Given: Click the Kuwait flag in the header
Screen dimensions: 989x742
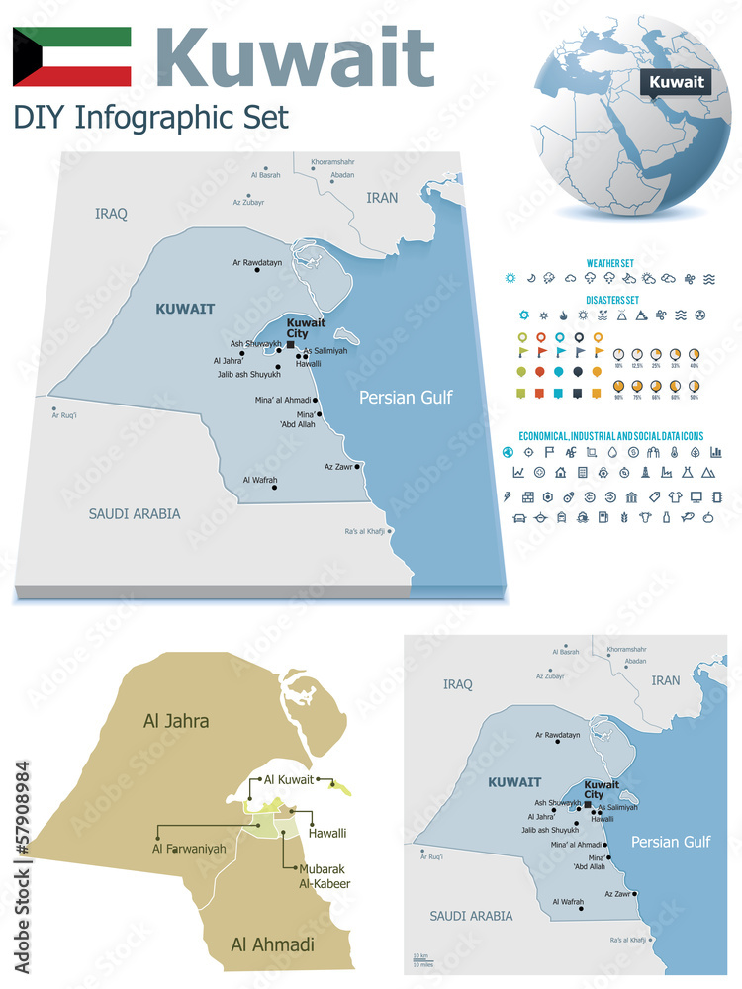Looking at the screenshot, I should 71,56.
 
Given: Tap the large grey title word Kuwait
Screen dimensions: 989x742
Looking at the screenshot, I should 295,56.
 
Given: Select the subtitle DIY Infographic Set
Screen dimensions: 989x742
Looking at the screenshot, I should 151,117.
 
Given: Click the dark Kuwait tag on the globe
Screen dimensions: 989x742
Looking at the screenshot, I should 677,82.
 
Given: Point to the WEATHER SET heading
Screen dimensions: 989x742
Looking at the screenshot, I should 610,263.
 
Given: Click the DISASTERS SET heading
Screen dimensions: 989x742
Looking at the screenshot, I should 611,300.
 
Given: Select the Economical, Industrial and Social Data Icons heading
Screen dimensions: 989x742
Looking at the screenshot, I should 610,435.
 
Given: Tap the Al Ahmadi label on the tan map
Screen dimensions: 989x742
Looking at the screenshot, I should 272,944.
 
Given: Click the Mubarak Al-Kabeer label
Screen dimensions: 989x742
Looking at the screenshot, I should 325,875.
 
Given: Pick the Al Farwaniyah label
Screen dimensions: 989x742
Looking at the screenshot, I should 189,849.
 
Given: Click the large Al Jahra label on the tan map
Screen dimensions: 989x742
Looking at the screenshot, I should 176,721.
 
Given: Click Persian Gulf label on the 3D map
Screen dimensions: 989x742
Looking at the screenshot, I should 406,398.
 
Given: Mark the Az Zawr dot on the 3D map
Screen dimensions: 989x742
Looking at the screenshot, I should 357,466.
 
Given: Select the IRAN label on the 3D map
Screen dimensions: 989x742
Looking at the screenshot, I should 382,198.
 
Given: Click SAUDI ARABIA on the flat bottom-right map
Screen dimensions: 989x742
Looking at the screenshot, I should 471,916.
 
